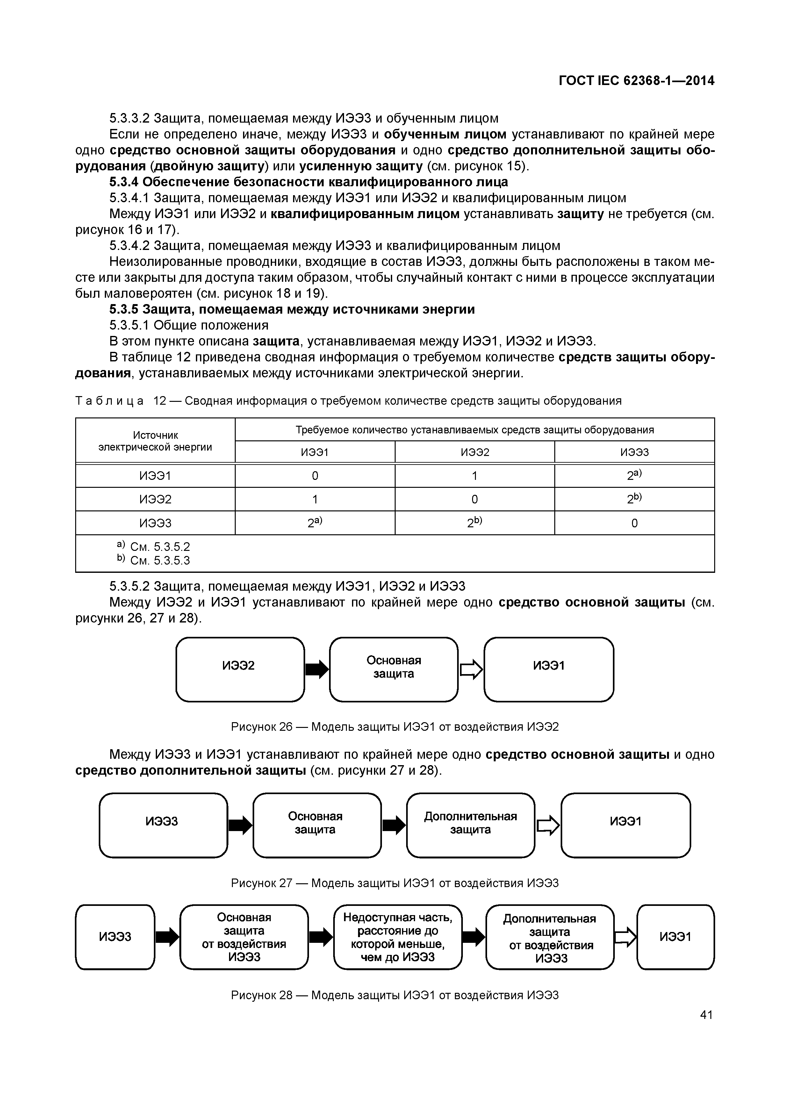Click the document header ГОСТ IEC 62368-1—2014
(x=636, y=81)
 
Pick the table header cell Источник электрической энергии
(x=155, y=441)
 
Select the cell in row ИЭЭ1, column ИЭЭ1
(x=315, y=476)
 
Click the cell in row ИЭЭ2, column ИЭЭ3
(x=634, y=499)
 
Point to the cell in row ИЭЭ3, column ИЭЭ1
(x=315, y=523)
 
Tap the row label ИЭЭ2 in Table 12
(x=155, y=500)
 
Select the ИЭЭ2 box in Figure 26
(x=240, y=669)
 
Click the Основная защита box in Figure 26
(x=393, y=669)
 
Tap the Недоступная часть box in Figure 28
(x=397, y=937)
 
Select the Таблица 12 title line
(x=348, y=401)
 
